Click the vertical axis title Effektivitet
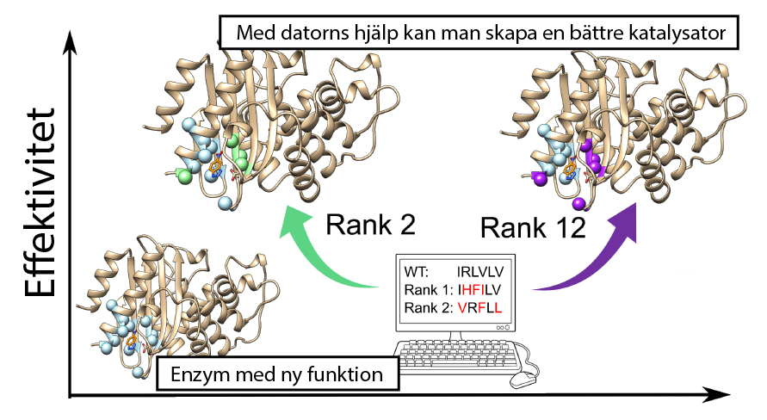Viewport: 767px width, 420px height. [x=40, y=202]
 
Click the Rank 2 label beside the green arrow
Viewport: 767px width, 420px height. [x=370, y=225]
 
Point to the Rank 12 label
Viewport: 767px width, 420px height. [x=533, y=228]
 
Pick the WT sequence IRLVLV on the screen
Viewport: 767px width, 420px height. [x=479, y=272]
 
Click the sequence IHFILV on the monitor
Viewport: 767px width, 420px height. [x=479, y=290]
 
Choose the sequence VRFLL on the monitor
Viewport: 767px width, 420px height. [x=479, y=308]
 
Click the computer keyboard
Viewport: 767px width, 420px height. [x=457, y=354]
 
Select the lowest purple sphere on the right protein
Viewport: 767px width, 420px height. [x=578, y=202]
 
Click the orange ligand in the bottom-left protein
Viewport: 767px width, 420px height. [x=131, y=340]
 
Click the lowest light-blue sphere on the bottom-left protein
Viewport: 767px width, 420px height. [x=139, y=372]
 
